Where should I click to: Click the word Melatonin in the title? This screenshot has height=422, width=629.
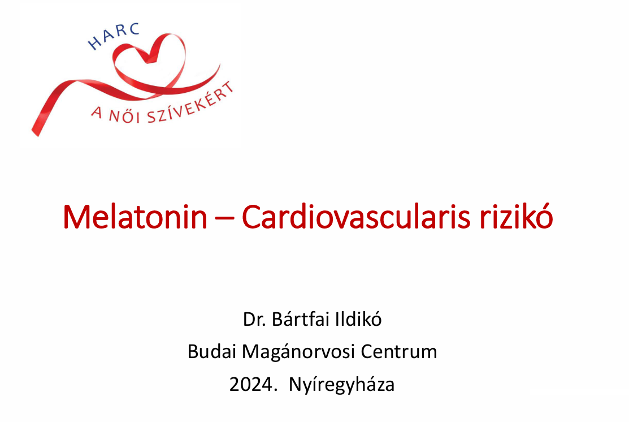[135, 217]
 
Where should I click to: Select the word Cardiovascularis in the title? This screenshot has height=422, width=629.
[356, 217]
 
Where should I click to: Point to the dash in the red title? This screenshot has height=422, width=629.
[225, 219]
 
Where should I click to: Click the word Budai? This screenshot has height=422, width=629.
[211, 351]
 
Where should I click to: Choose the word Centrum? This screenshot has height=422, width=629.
[399, 352]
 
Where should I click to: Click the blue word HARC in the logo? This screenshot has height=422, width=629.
[114, 36]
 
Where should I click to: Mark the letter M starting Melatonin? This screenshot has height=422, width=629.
[77, 217]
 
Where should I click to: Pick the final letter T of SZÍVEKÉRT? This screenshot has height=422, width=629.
[228, 88]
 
